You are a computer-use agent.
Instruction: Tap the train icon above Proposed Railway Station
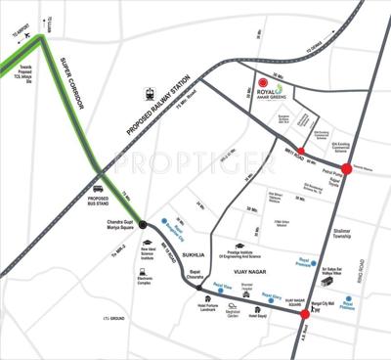point(151,96)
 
